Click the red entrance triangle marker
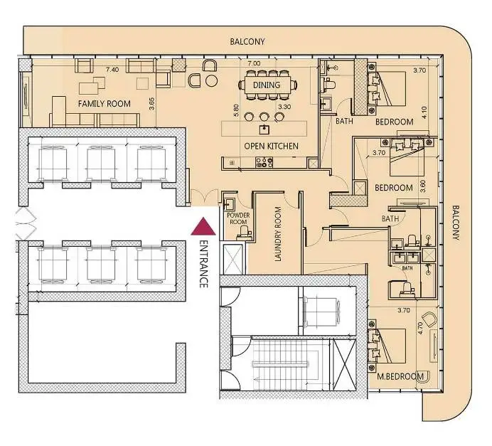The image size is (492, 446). pyautogui.click(x=203, y=227)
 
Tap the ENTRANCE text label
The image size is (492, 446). pyautogui.click(x=203, y=265)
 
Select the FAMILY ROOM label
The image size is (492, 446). pyautogui.click(x=105, y=104)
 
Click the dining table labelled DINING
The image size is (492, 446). pyautogui.click(x=267, y=85)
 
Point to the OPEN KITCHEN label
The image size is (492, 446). pyautogui.click(x=271, y=146)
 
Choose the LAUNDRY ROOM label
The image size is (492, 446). pyautogui.click(x=278, y=234)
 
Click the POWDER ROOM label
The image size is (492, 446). pyautogui.click(x=238, y=218)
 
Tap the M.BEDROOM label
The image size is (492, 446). pyautogui.click(x=400, y=376)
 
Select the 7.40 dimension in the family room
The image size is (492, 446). pyautogui.click(x=112, y=70)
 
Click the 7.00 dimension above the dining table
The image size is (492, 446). pyautogui.click(x=254, y=63)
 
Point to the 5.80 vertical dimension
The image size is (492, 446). pyautogui.click(x=236, y=110)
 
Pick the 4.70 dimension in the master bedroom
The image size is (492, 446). pyautogui.click(x=420, y=328)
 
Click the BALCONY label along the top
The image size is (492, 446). pyautogui.click(x=247, y=41)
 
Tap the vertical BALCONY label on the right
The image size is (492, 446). pyautogui.click(x=456, y=223)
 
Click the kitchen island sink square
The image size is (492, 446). pyautogui.click(x=264, y=129)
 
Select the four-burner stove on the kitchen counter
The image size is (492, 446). pyautogui.click(x=264, y=162)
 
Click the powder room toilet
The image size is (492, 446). pyautogui.click(x=244, y=233)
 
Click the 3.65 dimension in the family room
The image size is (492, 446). pyautogui.click(x=151, y=104)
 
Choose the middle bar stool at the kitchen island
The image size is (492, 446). pyautogui.click(x=264, y=117)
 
